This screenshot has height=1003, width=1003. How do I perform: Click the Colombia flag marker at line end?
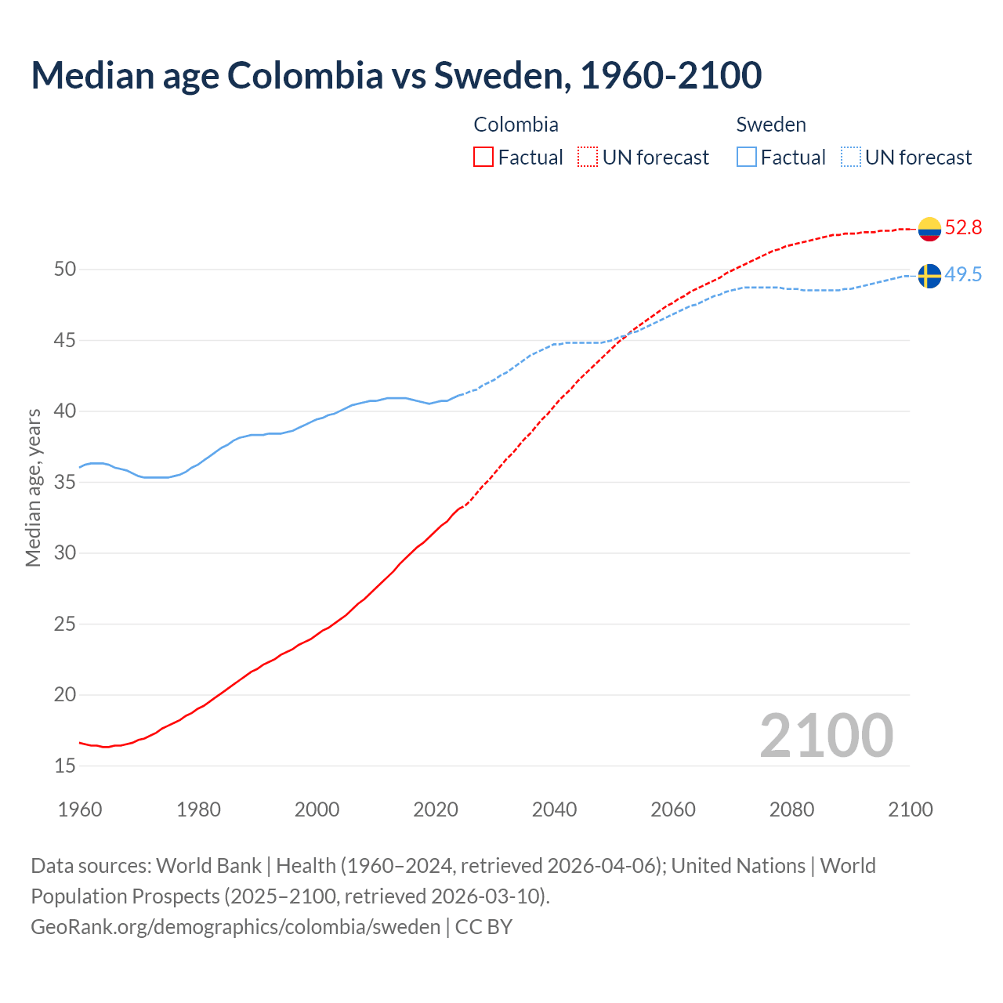(929, 229)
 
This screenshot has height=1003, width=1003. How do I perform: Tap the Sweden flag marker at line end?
(929, 276)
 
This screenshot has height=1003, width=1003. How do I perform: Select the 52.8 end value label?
(963, 228)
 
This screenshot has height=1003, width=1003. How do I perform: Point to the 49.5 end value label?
(963, 275)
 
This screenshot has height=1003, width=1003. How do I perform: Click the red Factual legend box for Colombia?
(483, 158)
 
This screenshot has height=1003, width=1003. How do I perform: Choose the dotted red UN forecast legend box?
(588, 158)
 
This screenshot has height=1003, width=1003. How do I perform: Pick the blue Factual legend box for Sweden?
(747, 158)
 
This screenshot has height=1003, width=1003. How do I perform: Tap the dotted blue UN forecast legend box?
(851, 158)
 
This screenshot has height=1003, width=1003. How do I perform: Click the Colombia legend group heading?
(516, 125)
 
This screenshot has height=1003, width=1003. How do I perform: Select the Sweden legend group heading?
(771, 125)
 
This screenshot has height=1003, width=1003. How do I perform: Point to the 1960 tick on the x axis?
(80, 809)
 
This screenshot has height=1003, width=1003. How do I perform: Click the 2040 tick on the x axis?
(554, 809)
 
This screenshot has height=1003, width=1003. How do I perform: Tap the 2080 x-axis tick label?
(791, 809)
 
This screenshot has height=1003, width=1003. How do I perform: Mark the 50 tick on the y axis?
(65, 270)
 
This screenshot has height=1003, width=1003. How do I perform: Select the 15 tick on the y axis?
(65, 766)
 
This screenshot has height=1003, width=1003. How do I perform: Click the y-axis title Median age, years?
(33, 487)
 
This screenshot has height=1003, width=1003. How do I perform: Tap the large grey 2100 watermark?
(826, 736)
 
